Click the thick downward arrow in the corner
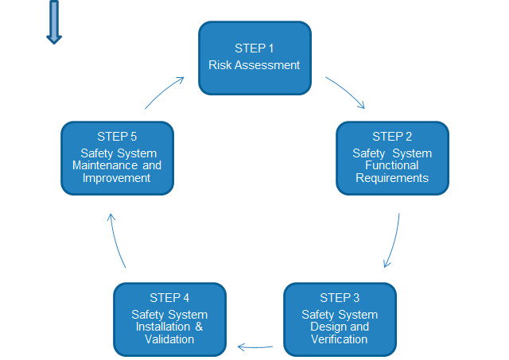tap(54, 22)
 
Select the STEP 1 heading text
tap(254, 48)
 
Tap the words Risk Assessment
tap(254, 65)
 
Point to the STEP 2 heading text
tap(392, 137)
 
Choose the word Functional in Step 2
tap(392, 165)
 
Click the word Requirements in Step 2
tap(392, 178)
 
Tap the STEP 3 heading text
tap(340, 298)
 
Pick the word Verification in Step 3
tap(340, 339)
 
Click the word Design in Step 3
tap(324, 327)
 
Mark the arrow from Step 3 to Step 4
tap(255, 347)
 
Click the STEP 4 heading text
tap(169, 298)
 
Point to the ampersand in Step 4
tap(199, 327)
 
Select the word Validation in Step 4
tap(169, 339)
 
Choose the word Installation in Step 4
tap(162, 327)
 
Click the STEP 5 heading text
tap(117, 137)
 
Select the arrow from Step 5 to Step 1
tap(164, 91)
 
